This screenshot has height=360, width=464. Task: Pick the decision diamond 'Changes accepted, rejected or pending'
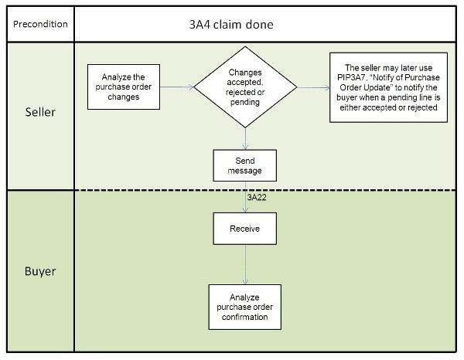pos(245,87)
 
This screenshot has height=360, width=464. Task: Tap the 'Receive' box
pos(245,228)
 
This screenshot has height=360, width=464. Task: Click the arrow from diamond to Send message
pos(245,138)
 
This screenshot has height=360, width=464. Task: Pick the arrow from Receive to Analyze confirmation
pos(245,264)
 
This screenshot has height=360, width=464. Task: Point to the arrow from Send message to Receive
pos(245,197)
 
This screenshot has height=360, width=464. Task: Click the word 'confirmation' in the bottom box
pos(245,316)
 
